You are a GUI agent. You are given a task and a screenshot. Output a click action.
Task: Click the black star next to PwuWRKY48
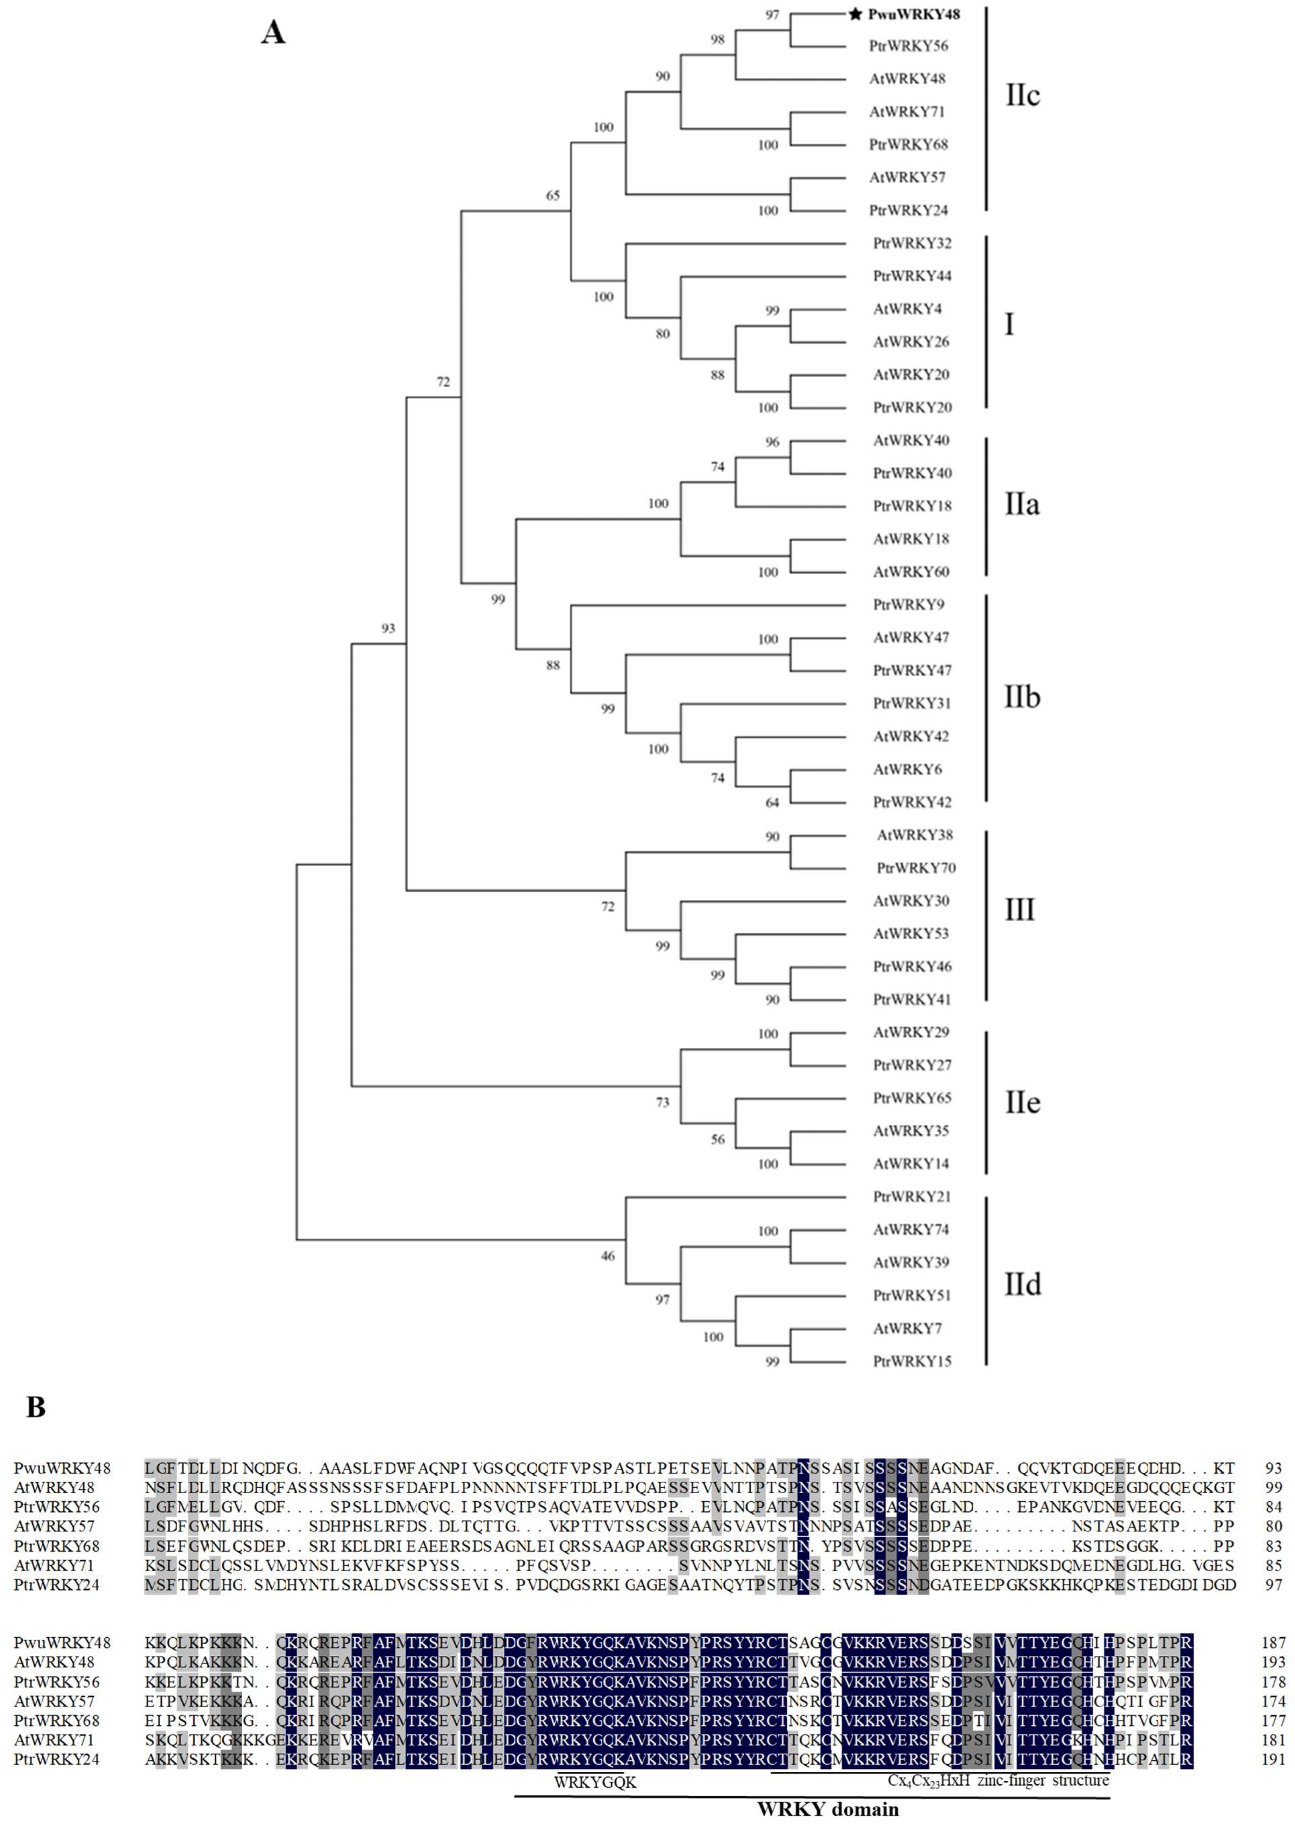(855, 13)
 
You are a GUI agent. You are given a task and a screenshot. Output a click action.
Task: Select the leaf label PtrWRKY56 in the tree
(908, 46)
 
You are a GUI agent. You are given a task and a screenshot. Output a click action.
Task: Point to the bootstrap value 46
(608, 1256)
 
